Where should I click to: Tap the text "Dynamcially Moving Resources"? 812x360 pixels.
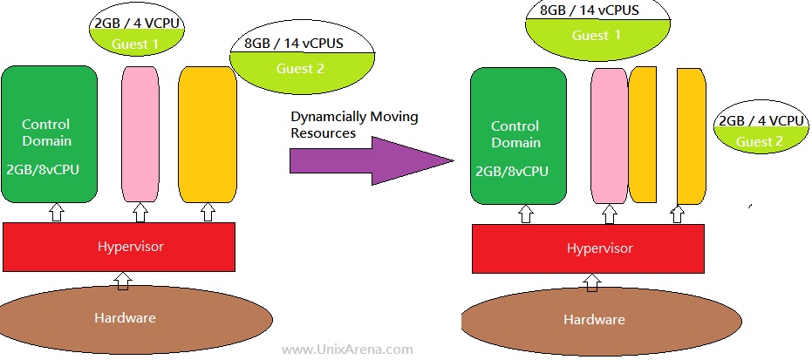coord(354,125)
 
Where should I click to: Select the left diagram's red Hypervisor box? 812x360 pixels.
coord(119,247)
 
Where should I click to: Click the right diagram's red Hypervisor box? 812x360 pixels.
coord(588,248)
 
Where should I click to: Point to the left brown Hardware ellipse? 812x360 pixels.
coord(136,317)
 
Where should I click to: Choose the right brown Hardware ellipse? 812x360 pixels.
coord(601,320)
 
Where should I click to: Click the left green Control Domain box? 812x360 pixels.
coord(50,134)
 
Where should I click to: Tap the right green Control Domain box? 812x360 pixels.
coord(518,136)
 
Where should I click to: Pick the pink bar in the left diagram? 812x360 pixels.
coord(140,134)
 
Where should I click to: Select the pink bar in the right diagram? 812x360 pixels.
coord(610,136)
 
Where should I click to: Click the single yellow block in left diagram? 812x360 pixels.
coord(208,134)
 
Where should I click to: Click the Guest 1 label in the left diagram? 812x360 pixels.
coord(136,44)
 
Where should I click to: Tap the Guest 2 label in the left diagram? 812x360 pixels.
coord(300,68)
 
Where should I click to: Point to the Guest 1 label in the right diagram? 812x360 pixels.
coord(596,35)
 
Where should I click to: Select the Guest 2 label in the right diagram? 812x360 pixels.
coord(759,142)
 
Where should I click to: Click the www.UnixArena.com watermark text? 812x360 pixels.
coord(347,350)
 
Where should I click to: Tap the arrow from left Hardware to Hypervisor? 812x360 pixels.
coord(123,281)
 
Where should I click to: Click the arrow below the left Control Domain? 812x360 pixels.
coord(56,212)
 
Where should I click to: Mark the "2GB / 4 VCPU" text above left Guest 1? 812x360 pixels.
coord(137,23)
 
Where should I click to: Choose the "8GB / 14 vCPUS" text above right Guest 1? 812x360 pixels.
coord(589,10)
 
